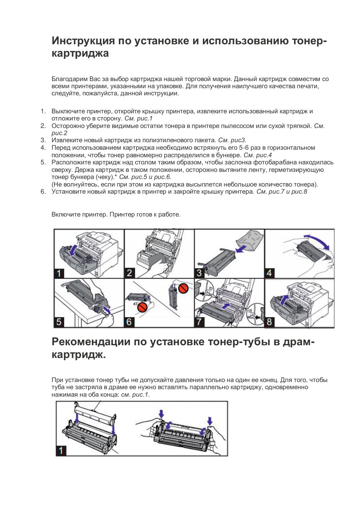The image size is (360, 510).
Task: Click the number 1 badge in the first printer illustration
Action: [59, 273]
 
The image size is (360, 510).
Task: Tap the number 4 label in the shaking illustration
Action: [269, 273]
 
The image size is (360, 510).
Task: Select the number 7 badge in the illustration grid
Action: [199, 322]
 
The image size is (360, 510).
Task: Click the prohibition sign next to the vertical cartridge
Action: [183, 288]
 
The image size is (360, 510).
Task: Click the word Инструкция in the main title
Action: [83, 41]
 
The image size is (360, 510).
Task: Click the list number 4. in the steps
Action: [43, 147]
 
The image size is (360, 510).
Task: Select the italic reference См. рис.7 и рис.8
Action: [282, 192]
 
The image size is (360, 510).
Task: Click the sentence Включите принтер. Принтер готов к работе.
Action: [116, 215]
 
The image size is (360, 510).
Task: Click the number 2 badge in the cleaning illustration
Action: [129, 273]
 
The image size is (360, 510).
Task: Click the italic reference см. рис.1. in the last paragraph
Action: [135, 394]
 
